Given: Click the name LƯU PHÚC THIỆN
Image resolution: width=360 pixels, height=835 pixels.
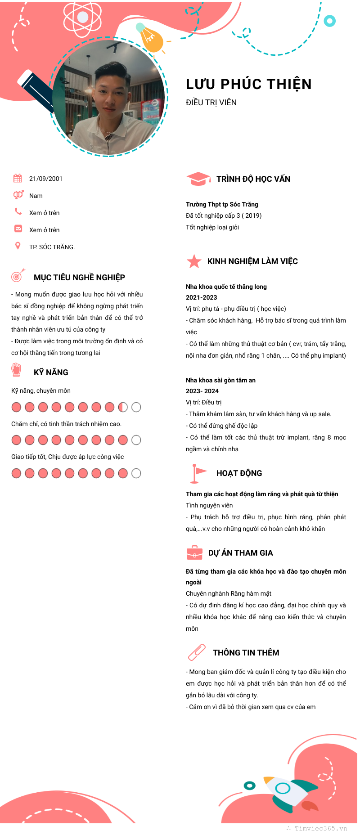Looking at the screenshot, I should [248, 84].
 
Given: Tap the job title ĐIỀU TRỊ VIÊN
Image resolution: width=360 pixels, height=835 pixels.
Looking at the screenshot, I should [211, 103].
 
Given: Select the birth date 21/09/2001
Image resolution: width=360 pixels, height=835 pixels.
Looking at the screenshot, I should [45, 179].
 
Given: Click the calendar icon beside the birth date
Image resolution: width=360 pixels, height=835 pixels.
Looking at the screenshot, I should [18, 178].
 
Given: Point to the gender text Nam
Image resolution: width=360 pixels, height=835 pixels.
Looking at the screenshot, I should [36, 196].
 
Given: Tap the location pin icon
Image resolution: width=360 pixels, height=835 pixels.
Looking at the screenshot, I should [18, 246].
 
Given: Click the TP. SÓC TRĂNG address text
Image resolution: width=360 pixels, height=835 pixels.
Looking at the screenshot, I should [52, 247].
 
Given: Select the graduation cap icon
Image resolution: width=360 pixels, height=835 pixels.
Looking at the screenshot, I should [198, 179].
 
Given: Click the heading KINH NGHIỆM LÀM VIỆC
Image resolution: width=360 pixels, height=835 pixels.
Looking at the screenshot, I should [252, 261].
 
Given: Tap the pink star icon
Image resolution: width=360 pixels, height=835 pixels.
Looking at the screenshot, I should [194, 261].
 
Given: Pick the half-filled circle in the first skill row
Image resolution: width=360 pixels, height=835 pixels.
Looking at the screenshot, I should [123, 407].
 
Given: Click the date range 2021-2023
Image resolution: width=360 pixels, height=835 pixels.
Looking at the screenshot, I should [201, 297].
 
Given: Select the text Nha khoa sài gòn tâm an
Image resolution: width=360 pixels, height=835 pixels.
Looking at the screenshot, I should [220, 380].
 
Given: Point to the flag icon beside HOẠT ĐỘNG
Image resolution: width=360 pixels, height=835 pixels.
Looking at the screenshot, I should [198, 473].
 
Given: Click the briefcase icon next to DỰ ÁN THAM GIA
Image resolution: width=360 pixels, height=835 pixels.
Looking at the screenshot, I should [194, 552].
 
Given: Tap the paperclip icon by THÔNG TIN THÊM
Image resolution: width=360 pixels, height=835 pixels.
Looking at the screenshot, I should [196, 652].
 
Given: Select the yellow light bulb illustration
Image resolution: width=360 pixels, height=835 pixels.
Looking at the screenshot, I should [151, 39].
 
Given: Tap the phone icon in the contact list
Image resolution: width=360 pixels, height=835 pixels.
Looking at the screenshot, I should [18, 211].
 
